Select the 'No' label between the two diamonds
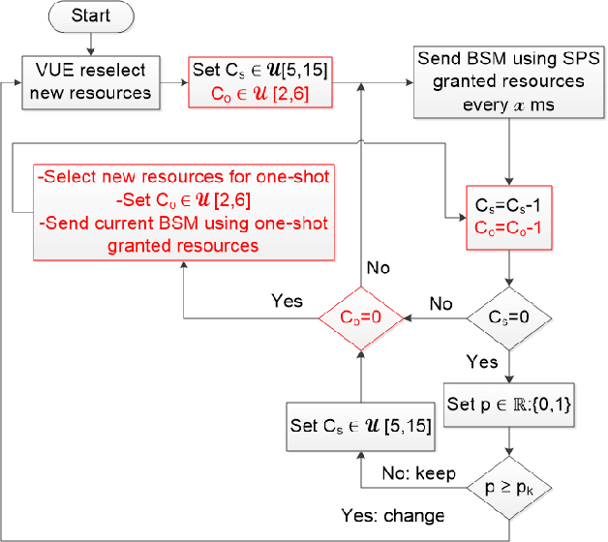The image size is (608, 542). [441, 303]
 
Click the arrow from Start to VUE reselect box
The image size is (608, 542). [90, 45]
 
